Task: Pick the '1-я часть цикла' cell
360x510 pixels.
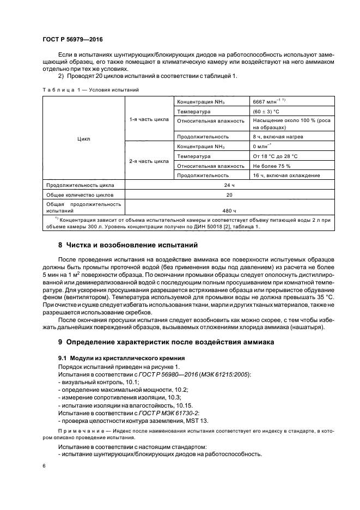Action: coord(149,119)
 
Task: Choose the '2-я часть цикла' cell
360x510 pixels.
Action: coord(149,161)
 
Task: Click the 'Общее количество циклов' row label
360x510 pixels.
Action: coord(78,195)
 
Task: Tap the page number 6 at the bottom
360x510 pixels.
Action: coord(44,466)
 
